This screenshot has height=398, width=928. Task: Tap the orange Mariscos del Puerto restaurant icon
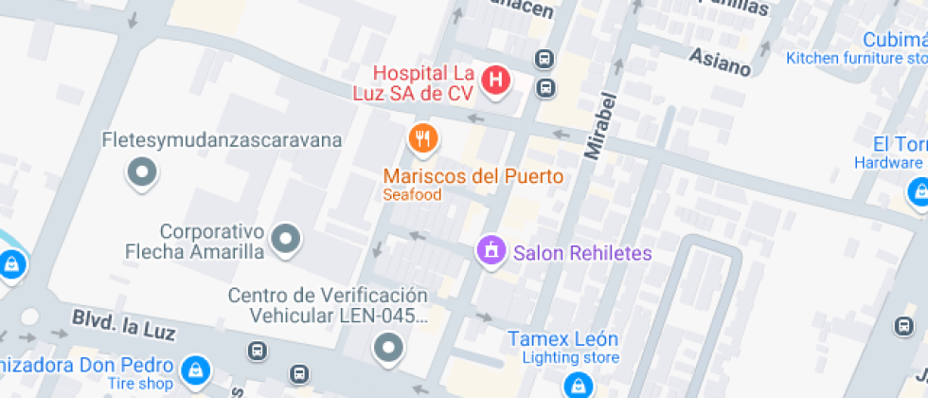(x=423, y=139)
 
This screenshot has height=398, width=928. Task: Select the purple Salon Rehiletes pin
(x=491, y=251)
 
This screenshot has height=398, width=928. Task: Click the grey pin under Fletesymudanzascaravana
(x=142, y=172)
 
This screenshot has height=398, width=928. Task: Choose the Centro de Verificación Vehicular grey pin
(x=388, y=348)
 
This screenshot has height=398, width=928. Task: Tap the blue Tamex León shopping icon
(x=576, y=386)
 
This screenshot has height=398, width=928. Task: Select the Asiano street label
(x=720, y=62)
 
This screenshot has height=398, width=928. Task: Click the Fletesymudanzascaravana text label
(x=222, y=140)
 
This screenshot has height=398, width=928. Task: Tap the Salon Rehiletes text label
(x=582, y=253)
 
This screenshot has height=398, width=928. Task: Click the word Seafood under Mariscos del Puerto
(x=412, y=195)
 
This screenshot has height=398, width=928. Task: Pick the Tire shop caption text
(x=141, y=384)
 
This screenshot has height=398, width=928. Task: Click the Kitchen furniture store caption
(x=856, y=59)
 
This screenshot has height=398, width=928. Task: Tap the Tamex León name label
(x=562, y=338)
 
